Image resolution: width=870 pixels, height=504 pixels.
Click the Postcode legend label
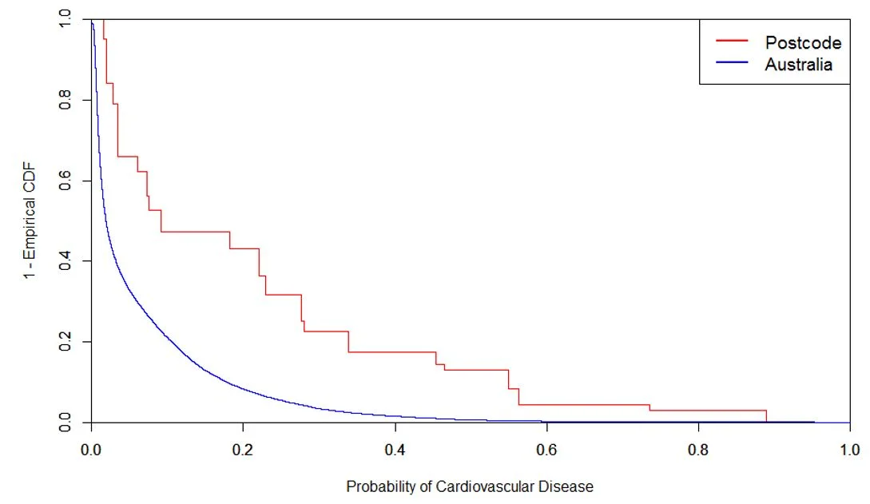(803, 43)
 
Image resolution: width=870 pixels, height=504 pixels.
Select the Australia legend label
(798, 65)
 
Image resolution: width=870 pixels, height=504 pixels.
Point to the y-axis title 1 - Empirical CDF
(30, 220)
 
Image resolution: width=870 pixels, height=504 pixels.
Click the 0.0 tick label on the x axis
(91, 448)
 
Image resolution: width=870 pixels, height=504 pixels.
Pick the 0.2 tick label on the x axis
(243, 448)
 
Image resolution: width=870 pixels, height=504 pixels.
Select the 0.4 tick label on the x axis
(395, 448)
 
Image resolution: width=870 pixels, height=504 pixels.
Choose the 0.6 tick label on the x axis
(546, 448)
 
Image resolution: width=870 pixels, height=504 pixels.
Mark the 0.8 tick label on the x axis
(698, 448)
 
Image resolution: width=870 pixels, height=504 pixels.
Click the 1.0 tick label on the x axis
(850, 448)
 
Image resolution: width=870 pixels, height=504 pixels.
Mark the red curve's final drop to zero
(766, 416)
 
